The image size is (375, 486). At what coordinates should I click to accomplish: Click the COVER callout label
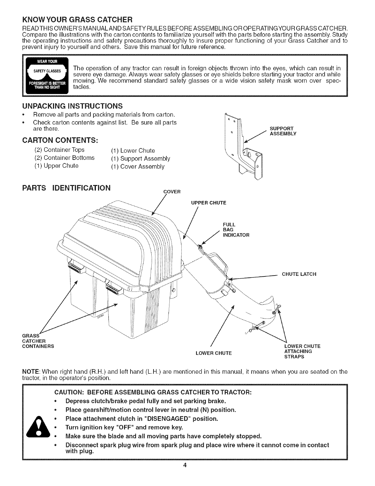pyautogui.click(x=172, y=192)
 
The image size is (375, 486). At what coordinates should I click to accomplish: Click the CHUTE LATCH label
pyautogui.click(x=299, y=274)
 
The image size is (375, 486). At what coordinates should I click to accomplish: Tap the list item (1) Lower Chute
pyautogui.click(x=138, y=151)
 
